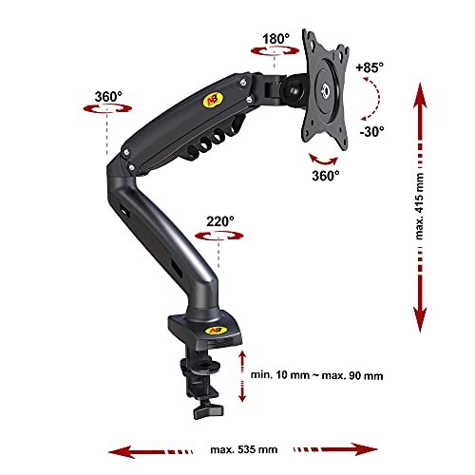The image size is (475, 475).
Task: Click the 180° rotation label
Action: [275, 39]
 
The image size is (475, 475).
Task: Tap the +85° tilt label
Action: [370, 67]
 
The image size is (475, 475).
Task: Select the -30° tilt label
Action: [371, 131]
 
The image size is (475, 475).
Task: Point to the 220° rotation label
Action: [220, 221]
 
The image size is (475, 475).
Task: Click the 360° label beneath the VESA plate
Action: [326, 176]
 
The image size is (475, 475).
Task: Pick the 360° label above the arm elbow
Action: [108, 97]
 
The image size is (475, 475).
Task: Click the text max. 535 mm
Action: [244, 449]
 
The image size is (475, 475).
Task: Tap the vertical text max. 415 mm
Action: [419, 206]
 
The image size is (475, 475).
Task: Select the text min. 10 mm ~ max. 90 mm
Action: [316, 375]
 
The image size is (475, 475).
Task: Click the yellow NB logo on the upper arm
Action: [209, 101]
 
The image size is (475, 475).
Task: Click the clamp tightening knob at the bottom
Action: [208, 410]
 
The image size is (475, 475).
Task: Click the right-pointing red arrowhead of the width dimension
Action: [367, 449]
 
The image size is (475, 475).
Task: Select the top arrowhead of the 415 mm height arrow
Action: [420, 94]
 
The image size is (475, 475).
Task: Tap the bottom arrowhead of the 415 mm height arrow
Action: [420, 320]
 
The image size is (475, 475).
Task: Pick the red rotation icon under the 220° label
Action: [219, 236]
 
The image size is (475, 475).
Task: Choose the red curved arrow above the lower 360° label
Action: [323, 161]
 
